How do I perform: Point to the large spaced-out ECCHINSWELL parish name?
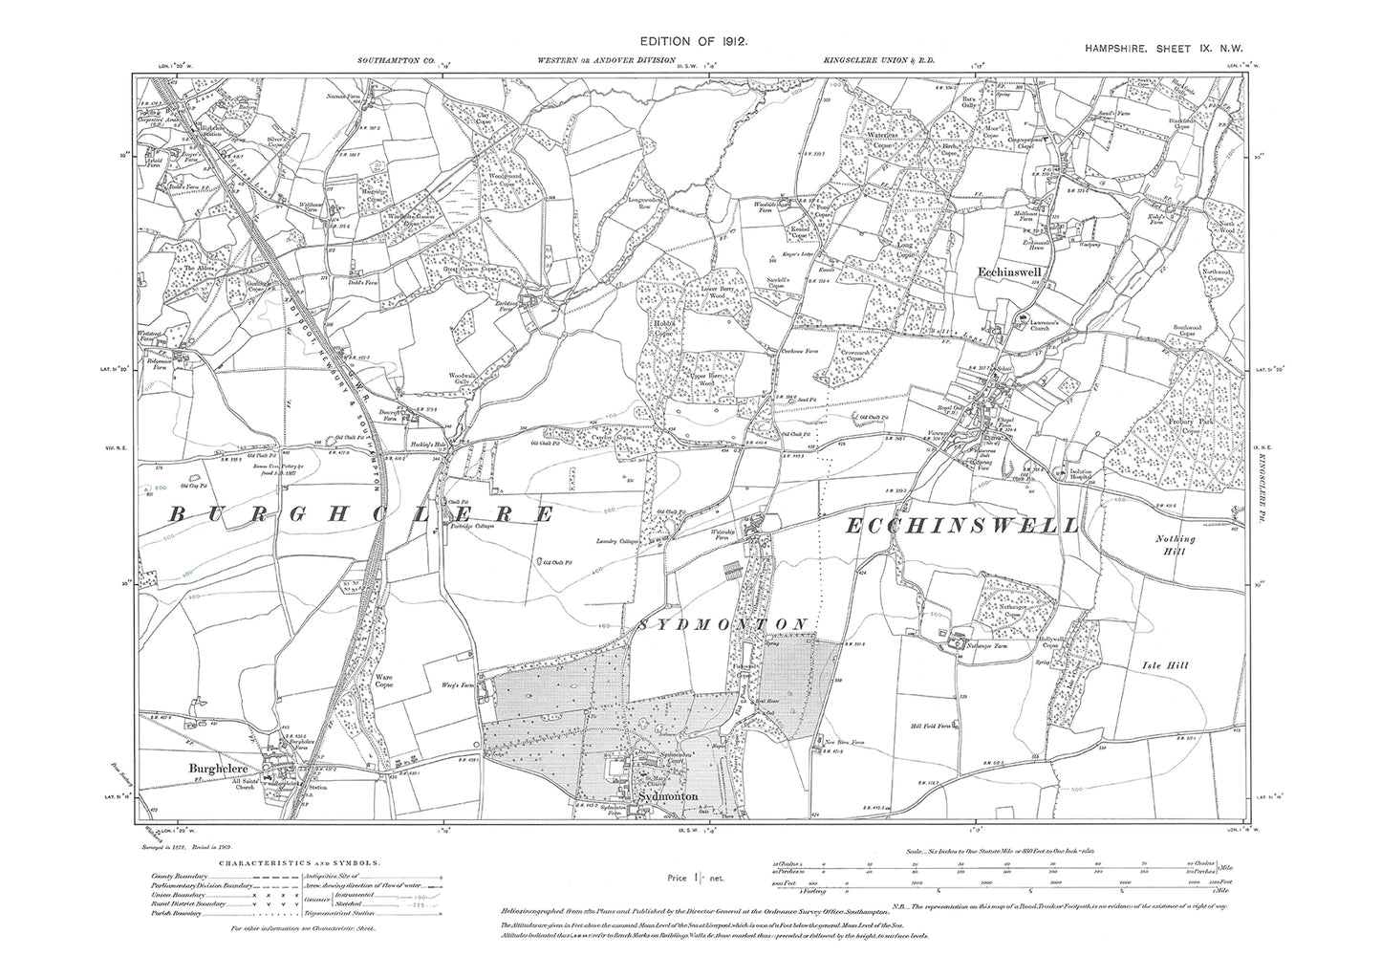pyautogui.click(x=963, y=525)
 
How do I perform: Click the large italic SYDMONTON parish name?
pyautogui.click(x=724, y=623)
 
